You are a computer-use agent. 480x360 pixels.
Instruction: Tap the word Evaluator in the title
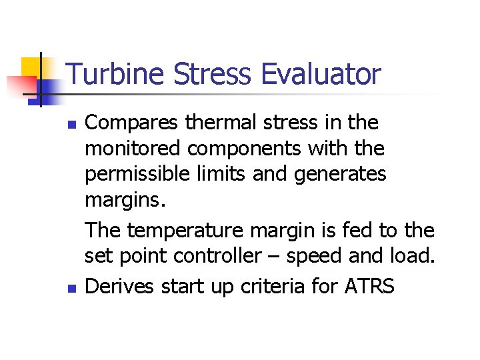[x=321, y=74]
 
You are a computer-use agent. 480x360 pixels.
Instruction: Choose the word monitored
[x=129, y=149]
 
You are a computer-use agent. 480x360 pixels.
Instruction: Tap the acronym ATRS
[x=369, y=286]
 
